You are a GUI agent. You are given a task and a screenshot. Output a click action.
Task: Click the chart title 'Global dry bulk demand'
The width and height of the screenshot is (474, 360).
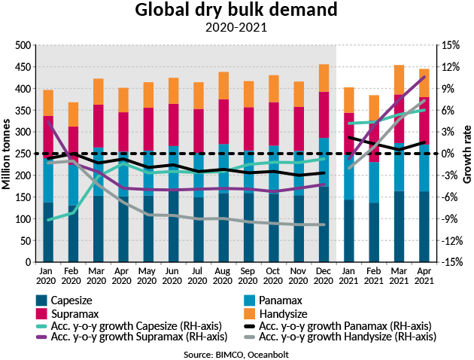pyautogui.click(x=236, y=11)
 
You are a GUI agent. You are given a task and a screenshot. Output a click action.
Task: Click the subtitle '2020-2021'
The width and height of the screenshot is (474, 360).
pyautogui.click(x=236, y=28)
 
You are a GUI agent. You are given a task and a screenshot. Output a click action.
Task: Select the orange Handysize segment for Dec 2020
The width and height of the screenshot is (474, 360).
pyautogui.click(x=323, y=78)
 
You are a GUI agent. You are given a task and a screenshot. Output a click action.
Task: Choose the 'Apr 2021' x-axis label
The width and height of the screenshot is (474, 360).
pyautogui.click(x=424, y=274)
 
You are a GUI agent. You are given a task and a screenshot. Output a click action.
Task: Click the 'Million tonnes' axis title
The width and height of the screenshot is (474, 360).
pyautogui.click(x=8, y=154)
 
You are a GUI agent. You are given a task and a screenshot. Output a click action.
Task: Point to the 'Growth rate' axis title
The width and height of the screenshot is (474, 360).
pyautogui.click(x=466, y=154)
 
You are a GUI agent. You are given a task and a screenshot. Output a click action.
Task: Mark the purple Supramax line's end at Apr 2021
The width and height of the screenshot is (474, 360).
pyautogui.click(x=424, y=77)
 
